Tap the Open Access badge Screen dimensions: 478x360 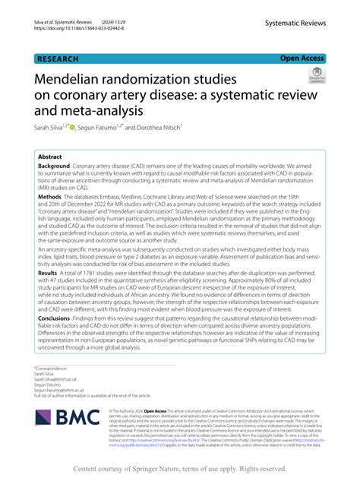point(302,58)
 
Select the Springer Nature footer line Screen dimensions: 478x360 point(180,469)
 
